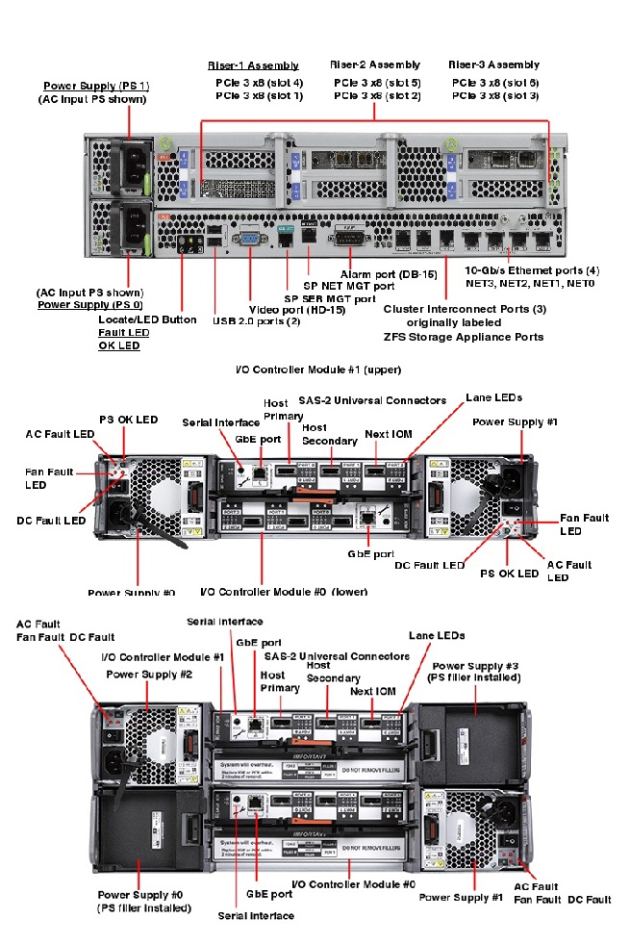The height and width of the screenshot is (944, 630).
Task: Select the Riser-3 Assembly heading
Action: pyautogui.click(x=493, y=64)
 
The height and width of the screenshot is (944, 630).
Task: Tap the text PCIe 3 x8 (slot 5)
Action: pyautogui.click(x=377, y=83)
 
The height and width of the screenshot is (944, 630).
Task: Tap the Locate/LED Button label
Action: pyautogui.click(x=147, y=319)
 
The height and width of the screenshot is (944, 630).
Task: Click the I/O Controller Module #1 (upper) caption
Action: pyautogui.click(x=317, y=369)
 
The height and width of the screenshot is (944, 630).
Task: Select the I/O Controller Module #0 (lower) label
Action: pyautogui.click(x=284, y=592)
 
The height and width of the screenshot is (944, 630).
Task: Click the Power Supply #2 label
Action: pyautogui.click(x=149, y=675)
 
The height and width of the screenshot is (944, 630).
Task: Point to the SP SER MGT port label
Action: pyautogui.click(x=329, y=298)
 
